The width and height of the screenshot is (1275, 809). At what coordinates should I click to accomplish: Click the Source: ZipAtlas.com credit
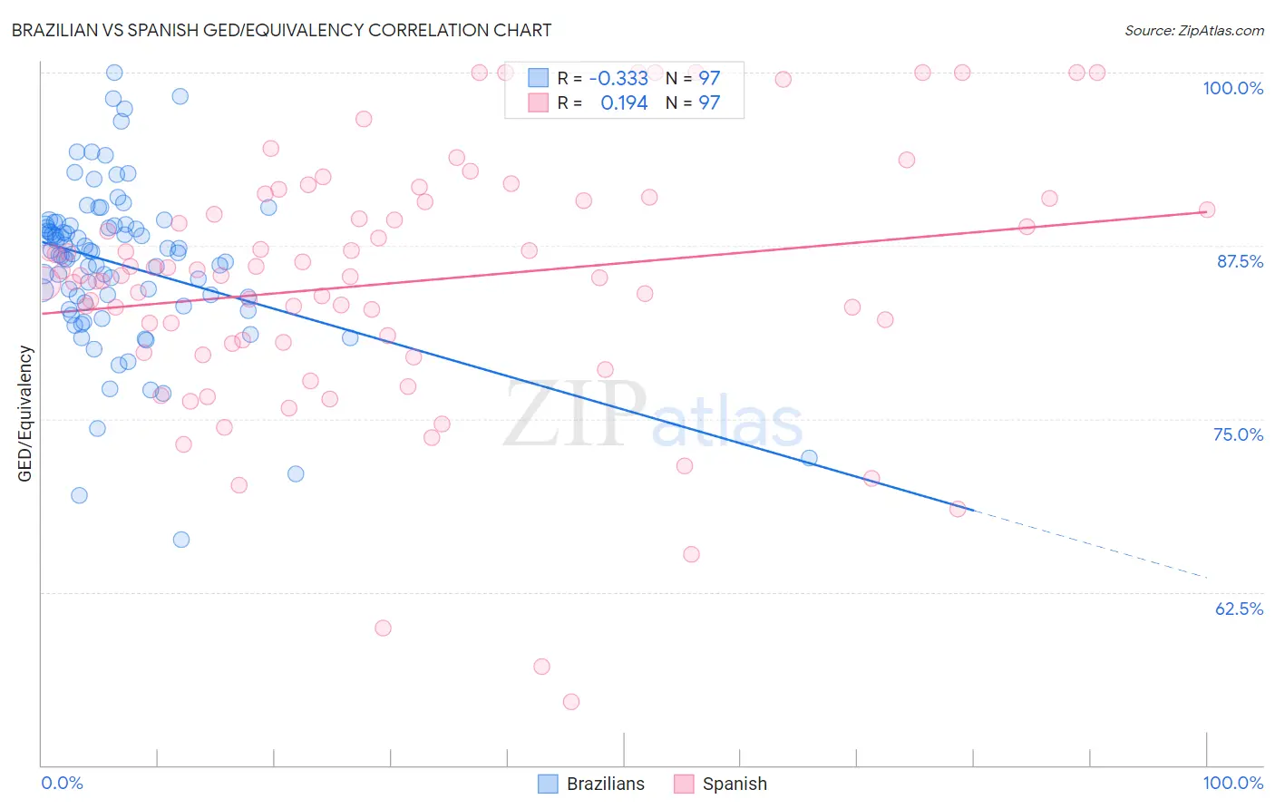[1193, 30]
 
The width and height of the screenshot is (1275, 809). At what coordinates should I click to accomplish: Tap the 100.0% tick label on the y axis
[1232, 88]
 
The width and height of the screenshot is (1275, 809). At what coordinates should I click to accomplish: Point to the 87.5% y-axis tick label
[1240, 261]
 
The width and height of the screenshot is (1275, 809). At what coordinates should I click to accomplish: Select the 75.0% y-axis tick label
[1238, 434]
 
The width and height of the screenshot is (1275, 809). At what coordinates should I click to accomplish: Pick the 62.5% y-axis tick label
[1239, 609]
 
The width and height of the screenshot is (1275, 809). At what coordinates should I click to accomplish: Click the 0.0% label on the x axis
[62, 783]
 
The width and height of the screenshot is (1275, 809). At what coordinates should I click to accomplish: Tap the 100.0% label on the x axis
[1232, 783]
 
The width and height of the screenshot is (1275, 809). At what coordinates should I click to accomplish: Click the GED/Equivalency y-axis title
[25, 414]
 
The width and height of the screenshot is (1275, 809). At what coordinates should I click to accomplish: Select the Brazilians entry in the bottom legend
[591, 784]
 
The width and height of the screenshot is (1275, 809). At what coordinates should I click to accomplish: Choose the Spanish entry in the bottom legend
[721, 784]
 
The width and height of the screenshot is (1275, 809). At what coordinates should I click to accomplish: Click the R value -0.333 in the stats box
[618, 79]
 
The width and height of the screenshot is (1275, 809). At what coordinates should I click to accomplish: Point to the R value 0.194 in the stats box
[624, 103]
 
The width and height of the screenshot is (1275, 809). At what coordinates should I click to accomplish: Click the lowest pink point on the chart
[570, 701]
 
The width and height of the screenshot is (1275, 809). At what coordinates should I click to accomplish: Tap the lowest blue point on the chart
[181, 540]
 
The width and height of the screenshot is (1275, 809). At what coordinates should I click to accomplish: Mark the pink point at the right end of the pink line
[1207, 210]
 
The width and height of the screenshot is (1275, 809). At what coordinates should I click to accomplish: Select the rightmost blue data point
[809, 458]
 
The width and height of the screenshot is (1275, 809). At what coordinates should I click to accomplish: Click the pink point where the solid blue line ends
[958, 509]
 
